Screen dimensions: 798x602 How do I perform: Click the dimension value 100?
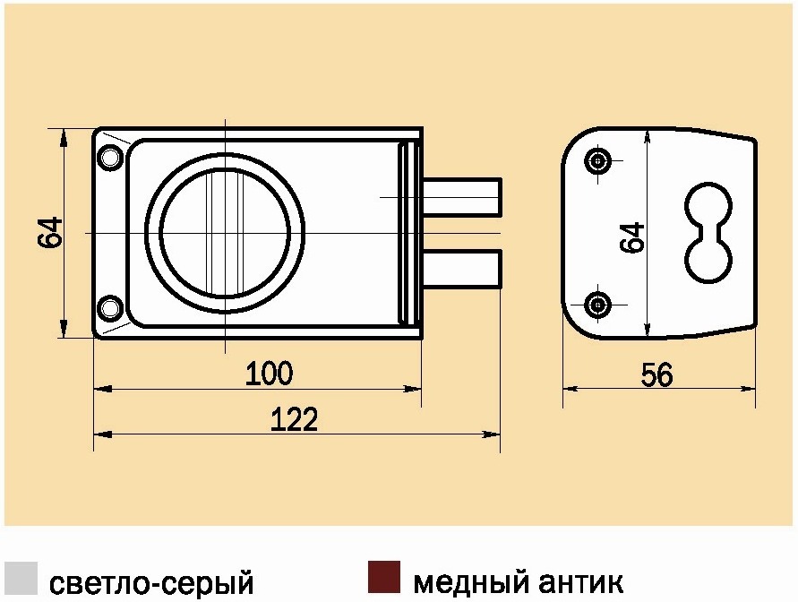(270, 373)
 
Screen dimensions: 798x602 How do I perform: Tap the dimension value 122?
(294, 419)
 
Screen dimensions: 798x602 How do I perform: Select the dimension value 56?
(656, 374)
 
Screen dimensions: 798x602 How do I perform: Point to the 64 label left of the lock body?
(50, 233)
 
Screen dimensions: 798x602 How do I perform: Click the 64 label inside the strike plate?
(631, 237)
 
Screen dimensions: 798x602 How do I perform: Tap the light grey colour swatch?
(21, 578)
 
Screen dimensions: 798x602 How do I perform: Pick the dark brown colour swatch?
(384, 577)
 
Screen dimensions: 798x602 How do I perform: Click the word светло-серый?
(151, 582)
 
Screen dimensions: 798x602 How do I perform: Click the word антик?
(580, 582)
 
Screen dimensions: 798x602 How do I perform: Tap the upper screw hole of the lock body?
(110, 158)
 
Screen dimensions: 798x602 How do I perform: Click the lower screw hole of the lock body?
(110, 308)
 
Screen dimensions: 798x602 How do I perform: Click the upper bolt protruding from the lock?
(462, 196)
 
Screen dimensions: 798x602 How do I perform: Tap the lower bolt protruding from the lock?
(462, 268)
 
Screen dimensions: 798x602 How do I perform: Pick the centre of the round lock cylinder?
(225, 233)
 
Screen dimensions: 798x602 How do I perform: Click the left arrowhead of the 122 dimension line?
(103, 434)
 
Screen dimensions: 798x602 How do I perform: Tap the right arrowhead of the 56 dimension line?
(747, 389)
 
